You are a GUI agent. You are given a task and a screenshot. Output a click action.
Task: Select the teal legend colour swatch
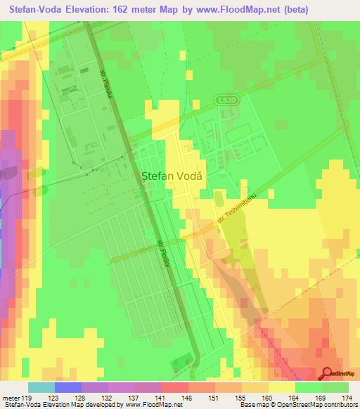click(x=41, y=387)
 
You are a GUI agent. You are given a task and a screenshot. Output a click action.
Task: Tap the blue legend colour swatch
click(x=68, y=387)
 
